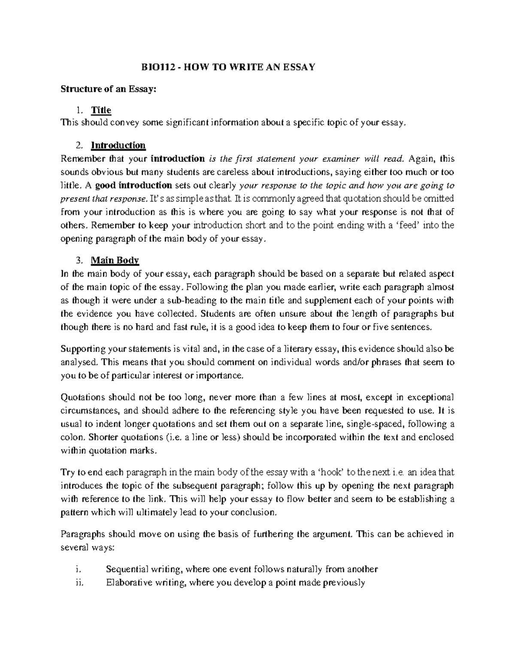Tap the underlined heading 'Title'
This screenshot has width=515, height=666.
(101, 110)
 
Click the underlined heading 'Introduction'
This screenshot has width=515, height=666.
(118, 145)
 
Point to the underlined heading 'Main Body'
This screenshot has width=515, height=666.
(115, 260)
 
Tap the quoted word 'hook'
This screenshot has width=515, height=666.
(327, 473)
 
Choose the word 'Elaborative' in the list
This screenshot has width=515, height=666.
(129, 583)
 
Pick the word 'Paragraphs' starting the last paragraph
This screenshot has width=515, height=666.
(82, 534)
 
